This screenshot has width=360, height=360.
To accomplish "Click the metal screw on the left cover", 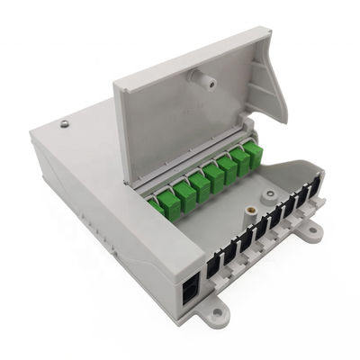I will [64, 123].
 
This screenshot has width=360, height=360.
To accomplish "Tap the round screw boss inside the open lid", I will [206, 81].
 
